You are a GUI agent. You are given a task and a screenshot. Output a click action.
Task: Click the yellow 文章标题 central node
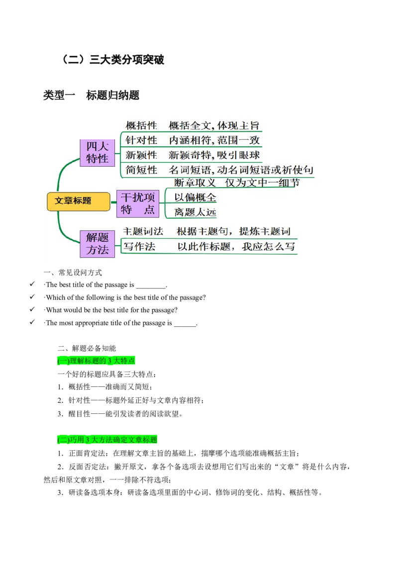click(78, 201)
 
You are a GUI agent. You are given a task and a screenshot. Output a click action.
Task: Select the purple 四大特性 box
click(98, 153)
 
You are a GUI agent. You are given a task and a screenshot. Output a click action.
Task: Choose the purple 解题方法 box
click(98, 244)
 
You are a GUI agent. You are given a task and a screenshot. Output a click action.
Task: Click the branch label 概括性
click(141, 126)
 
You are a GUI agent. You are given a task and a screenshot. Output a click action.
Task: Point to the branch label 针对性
click(141, 140)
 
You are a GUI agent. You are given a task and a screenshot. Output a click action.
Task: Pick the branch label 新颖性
click(141, 155)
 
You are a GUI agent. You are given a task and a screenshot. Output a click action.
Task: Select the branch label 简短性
click(141, 170)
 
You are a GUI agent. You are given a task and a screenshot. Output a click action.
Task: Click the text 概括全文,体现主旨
click(214, 126)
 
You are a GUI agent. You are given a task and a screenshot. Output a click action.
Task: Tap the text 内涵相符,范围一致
click(214, 140)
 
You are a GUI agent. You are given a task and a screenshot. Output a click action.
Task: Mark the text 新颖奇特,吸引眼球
click(214, 155)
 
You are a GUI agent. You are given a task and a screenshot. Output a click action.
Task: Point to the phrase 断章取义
click(195, 183)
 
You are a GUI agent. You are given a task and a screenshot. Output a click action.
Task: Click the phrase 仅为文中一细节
click(262, 183)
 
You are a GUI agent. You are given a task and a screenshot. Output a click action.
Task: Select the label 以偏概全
click(196, 197)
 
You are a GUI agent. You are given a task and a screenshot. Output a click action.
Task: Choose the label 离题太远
click(196, 212)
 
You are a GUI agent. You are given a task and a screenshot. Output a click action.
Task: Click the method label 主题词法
click(143, 232)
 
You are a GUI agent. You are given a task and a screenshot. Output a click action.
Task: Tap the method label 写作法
click(140, 247)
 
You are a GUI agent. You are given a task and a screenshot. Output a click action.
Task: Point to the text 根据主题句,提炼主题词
click(233, 232)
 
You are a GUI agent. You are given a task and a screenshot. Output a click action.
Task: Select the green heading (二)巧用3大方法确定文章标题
click(107, 440)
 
